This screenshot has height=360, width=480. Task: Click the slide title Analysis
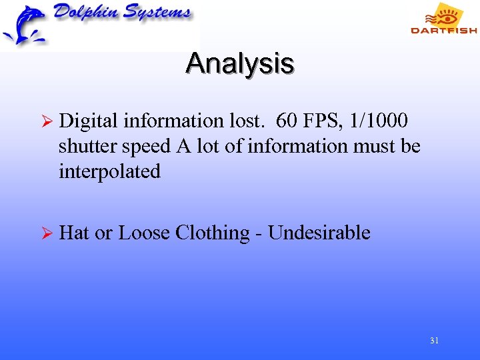tap(240, 64)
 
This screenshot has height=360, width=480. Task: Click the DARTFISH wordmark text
tap(443, 30)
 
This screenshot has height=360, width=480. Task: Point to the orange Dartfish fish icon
tap(447, 14)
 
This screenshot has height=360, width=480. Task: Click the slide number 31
tap(434, 341)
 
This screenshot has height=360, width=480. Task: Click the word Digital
tap(87, 121)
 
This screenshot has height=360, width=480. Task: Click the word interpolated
tap(109, 171)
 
